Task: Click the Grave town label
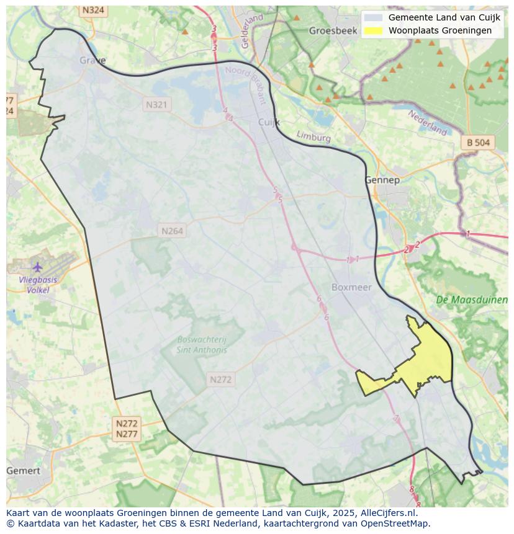[92, 60]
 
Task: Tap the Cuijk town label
[269, 122]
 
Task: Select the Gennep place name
[382, 180]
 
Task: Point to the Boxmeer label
[351, 287]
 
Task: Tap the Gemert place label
[23, 471]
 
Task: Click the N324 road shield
[93, 11]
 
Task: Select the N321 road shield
[156, 105]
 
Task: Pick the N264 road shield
[172, 231]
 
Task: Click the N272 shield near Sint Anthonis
[220, 380]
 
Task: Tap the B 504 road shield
[478, 143]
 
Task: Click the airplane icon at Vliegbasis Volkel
[37, 267]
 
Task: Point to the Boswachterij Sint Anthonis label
[202, 345]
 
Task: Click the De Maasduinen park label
[471, 300]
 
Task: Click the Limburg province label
[313, 136]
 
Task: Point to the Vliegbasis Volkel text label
[38, 285]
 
